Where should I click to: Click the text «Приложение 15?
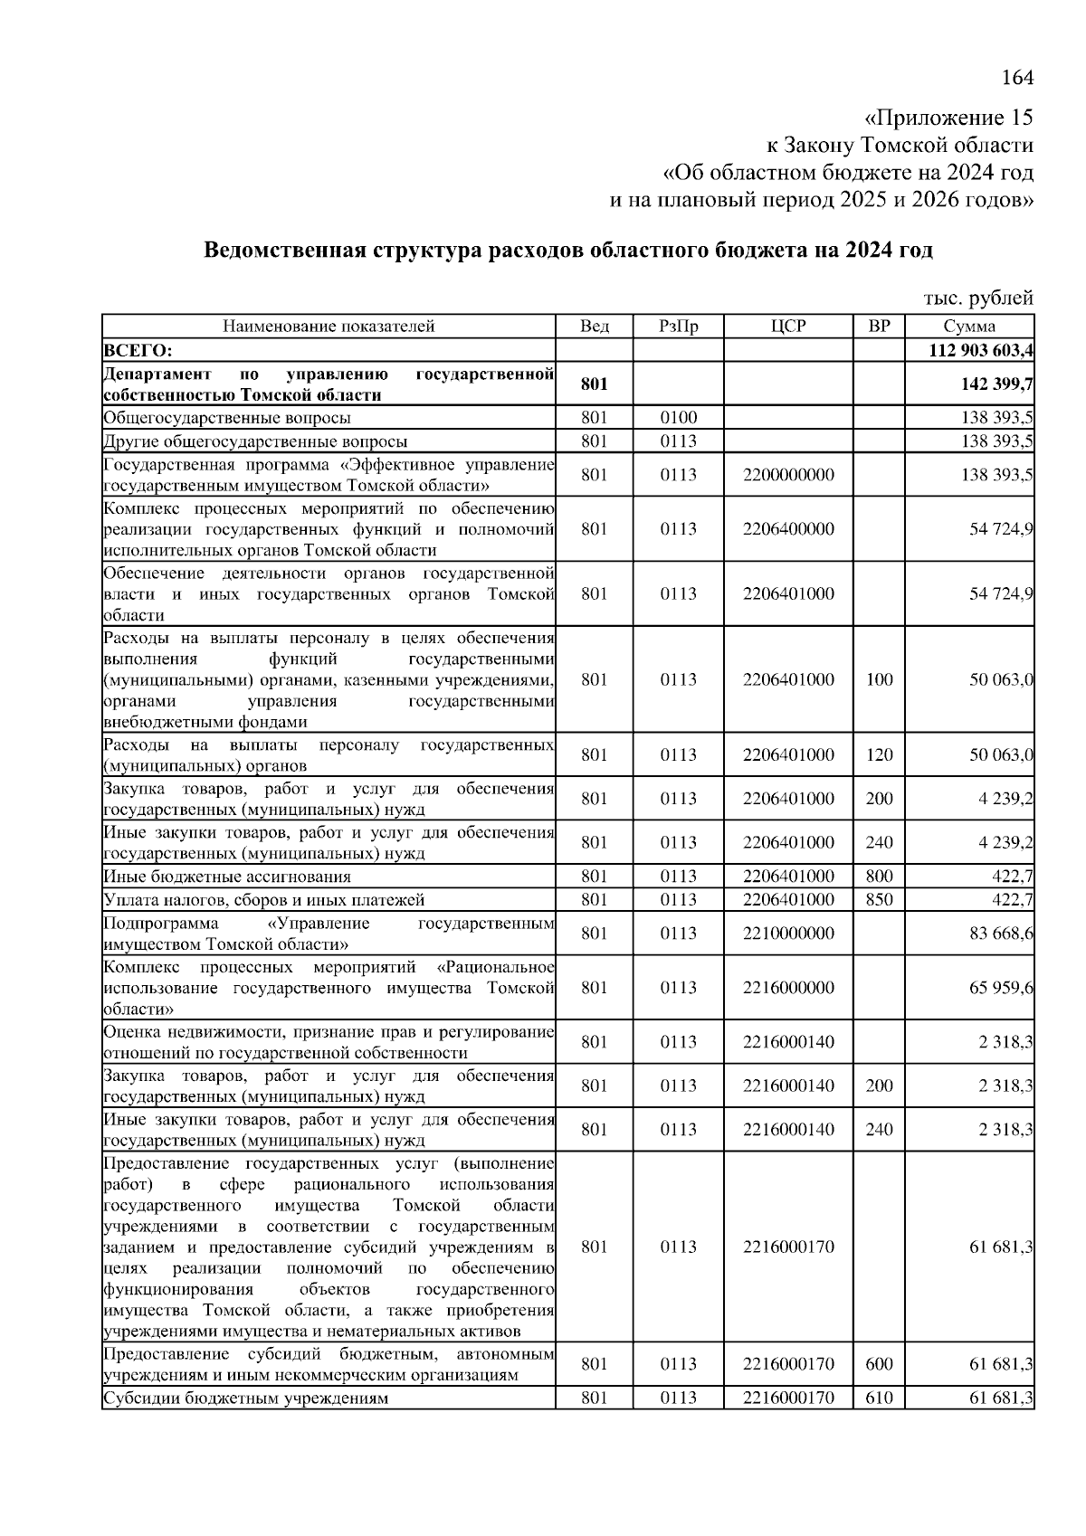pos(948,119)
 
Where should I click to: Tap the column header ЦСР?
pos(788,327)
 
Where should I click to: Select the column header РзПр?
pos(678,327)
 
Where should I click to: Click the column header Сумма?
pos(968,327)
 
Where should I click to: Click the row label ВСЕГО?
pos(138,350)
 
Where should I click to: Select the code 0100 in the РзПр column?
pos(678,418)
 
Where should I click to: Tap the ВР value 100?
pos(879,679)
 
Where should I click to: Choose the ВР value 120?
pos(879,754)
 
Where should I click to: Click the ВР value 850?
pos(879,899)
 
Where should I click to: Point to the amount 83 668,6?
pos(1001,933)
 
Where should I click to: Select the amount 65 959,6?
pos(1001,987)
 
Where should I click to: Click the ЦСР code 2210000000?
pos(788,933)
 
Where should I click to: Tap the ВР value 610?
pos(879,1398)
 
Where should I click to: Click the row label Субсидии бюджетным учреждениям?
pos(246,1398)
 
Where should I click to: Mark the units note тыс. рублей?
pos(977,298)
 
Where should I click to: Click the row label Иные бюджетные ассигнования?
pos(227,876)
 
